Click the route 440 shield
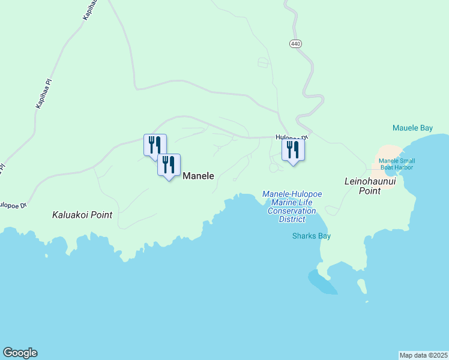[295, 44]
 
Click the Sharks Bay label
[312, 236]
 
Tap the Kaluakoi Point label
[82, 214]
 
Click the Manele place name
[198, 176]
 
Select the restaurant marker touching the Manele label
[169, 165]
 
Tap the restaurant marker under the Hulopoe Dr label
[293, 149]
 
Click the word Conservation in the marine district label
[292, 211]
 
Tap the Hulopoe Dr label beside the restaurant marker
[292, 137]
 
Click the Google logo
[20, 353]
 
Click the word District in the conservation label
[292, 219]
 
